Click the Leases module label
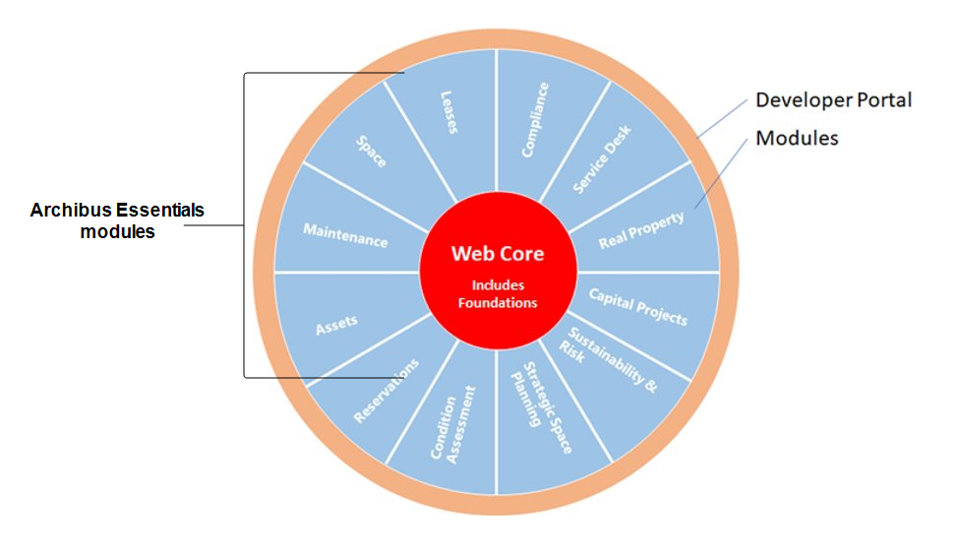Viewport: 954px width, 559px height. pyautogui.click(x=449, y=112)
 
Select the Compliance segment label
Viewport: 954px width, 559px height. pyautogui.click(x=535, y=120)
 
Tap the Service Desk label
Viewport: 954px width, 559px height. pyautogui.click(x=602, y=159)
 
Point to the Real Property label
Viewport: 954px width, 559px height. pyautogui.click(x=641, y=230)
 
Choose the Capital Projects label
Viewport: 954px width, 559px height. pyautogui.click(x=638, y=306)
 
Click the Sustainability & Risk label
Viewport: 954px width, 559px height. pyautogui.click(x=608, y=359)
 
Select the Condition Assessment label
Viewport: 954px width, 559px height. pyautogui.click(x=453, y=424)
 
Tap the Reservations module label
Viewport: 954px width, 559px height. pyautogui.click(x=387, y=391)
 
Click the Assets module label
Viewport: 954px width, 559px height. pyautogui.click(x=336, y=325)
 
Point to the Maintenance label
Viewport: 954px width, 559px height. pyautogui.click(x=345, y=235)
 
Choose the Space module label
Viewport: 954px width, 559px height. pyautogui.click(x=371, y=151)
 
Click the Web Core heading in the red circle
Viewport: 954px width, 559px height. pyautogui.click(x=498, y=253)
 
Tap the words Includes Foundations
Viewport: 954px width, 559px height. pyautogui.click(x=498, y=293)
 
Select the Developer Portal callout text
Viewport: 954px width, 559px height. pyautogui.click(x=834, y=99)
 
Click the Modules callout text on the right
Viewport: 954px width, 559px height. pyautogui.click(x=797, y=138)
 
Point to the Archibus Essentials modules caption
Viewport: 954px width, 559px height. pyautogui.click(x=117, y=220)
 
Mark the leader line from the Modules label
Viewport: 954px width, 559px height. pyautogui.click(x=721, y=173)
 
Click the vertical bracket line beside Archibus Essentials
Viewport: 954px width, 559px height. pyautogui.click(x=244, y=225)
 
